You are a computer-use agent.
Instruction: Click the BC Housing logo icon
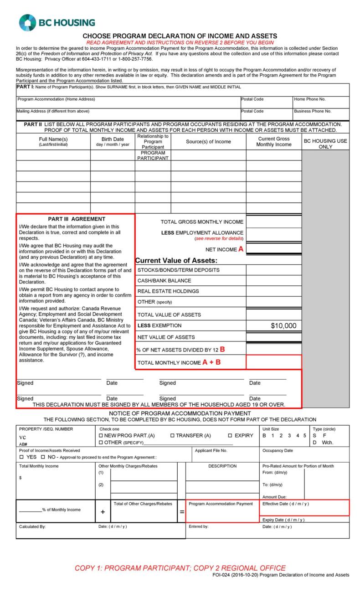(x=27, y=22)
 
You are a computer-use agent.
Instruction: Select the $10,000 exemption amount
(x=283, y=325)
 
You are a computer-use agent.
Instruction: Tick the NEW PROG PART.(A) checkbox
(x=101, y=435)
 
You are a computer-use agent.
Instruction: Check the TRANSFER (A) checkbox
(x=172, y=435)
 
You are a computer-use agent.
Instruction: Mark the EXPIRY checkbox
(x=230, y=435)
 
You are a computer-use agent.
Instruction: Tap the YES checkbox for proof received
(x=21, y=457)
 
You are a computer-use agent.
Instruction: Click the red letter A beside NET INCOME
(x=241, y=249)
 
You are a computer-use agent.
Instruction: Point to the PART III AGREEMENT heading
(x=77, y=219)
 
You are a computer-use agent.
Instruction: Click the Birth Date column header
(x=113, y=141)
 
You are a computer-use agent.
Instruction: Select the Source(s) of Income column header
(x=208, y=142)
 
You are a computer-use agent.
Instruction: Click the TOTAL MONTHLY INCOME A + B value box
(x=273, y=362)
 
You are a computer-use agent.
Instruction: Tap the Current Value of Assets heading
(x=176, y=261)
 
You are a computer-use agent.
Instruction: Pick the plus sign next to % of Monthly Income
(x=103, y=512)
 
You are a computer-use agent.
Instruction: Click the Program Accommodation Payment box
(x=221, y=511)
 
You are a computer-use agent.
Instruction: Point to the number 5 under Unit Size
(x=304, y=435)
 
